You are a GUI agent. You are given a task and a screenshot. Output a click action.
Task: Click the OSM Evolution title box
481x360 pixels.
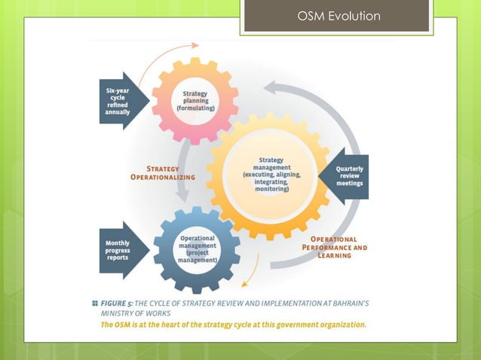click(x=339, y=17)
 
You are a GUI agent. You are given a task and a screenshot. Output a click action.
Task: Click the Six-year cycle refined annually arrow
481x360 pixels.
click(x=119, y=101)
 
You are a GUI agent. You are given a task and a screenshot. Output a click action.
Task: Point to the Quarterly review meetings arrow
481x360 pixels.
click(x=348, y=176)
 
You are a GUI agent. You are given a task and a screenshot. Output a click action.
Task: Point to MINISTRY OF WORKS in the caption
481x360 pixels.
click(x=135, y=313)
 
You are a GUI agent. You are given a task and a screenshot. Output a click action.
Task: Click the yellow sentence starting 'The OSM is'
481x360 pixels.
click(x=234, y=325)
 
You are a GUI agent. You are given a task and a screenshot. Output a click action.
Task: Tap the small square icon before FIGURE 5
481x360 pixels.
click(x=95, y=302)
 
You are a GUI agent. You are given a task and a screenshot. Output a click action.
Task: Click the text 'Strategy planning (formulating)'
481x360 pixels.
click(x=195, y=101)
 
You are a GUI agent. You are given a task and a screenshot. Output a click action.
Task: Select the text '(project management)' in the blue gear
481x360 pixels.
click(x=198, y=256)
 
